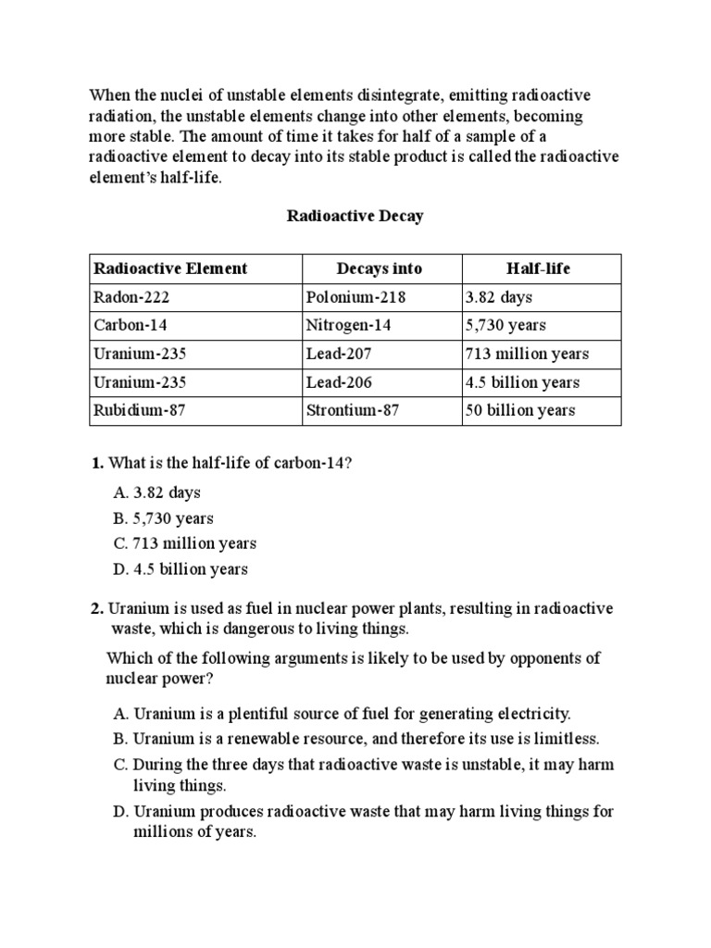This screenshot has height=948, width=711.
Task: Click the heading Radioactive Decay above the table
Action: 355,216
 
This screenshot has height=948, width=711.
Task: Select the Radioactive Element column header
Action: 170,268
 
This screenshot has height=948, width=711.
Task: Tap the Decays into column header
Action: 380,268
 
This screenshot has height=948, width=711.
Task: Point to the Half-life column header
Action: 539,268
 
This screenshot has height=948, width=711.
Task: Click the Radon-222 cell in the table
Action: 132,297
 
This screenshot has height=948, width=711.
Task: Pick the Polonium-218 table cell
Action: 355,297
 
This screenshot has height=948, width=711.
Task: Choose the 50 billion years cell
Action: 519,410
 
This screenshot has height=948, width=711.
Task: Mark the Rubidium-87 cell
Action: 140,410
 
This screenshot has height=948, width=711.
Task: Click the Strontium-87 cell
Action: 353,410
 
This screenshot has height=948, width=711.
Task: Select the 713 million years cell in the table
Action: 527,354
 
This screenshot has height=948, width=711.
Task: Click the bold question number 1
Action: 96,463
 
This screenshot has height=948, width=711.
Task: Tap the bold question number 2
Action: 96,608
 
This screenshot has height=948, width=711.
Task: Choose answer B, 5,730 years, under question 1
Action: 164,518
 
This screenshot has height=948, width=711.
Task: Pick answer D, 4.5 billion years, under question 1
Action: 181,569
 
